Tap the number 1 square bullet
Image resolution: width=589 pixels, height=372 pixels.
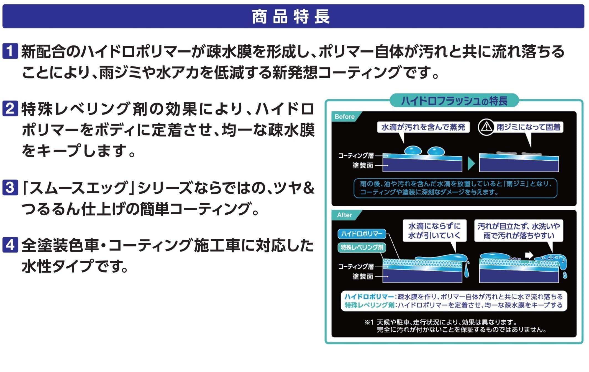(10, 51)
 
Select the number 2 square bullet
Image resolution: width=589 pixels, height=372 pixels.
(10, 108)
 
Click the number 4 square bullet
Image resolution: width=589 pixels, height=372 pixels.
(10, 245)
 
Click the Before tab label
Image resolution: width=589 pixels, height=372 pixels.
(344, 117)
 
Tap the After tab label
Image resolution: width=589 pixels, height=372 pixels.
(344, 215)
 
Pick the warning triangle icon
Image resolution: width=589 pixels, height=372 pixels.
(486, 127)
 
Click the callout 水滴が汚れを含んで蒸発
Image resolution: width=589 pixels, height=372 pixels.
(423, 127)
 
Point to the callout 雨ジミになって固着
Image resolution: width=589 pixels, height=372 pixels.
(528, 127)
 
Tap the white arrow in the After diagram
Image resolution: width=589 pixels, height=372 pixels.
(529, 255)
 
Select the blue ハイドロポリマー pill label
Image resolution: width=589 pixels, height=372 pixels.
(362, 234)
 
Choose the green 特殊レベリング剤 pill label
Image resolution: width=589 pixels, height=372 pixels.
(362, 247)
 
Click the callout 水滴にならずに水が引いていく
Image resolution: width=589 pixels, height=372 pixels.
(434, 231)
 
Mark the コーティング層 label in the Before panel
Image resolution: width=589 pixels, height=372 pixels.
(356, 156)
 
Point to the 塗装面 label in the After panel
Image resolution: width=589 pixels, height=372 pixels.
(363, 276)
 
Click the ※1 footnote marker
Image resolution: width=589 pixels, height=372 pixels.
(369, 322)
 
